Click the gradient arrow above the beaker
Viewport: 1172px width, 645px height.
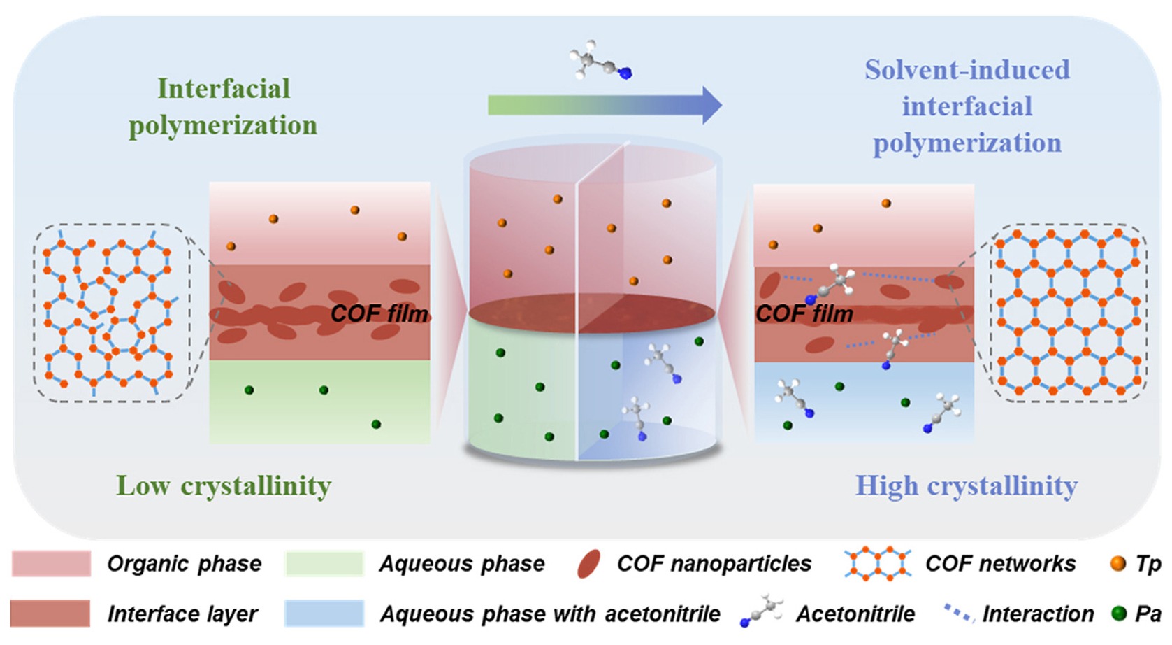[x=605, y=105]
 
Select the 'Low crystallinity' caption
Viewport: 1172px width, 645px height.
[x=224, y=486]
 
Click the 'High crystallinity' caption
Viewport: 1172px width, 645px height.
[x=967, y=486]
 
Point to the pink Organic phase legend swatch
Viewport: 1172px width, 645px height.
[x=51, y=563]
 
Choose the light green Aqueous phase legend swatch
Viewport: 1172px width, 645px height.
[x=324, y=563]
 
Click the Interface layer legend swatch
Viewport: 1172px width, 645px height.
[x=50, y=613]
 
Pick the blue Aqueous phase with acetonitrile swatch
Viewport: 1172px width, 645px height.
[x=324, y=613]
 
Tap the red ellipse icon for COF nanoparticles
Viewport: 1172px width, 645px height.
[x=588, y=564]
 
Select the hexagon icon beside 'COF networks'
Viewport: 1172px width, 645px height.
[x=878, y=564]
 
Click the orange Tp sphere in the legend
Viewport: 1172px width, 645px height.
[x=1117, y=563]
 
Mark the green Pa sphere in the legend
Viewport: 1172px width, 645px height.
[x=1118, y=613]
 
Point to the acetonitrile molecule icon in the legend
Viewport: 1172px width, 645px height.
[x=761, y=610]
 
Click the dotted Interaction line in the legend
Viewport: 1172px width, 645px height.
[x=959, y=613]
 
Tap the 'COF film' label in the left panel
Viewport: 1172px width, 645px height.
[x=379, y=313]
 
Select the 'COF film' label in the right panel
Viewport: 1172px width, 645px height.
[x=804, y=313]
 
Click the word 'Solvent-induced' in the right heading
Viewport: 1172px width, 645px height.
[x=967, y=70]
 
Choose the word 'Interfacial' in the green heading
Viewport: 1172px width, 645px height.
[x=224, y=88]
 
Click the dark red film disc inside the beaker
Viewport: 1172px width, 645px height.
[x=592, y=313]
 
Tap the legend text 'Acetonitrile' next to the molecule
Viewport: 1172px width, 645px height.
[x=855, y=613]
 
